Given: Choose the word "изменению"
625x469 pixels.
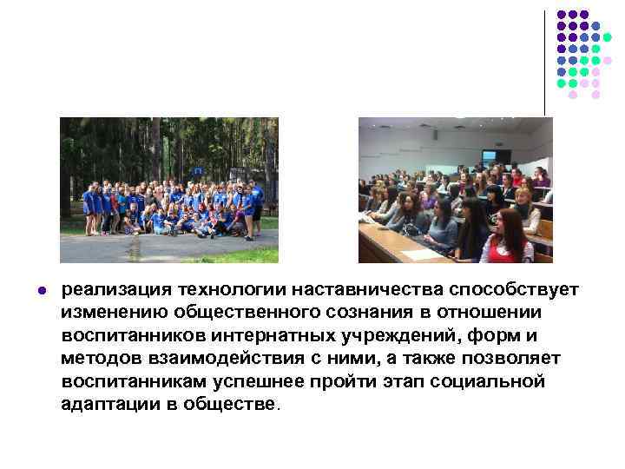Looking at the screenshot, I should (x=114, y=311).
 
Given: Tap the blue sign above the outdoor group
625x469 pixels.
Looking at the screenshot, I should (x=198, y=171).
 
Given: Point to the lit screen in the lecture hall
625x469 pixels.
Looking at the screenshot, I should (x=489, y=155).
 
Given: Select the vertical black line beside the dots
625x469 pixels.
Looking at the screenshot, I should (x=545, y=61).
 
